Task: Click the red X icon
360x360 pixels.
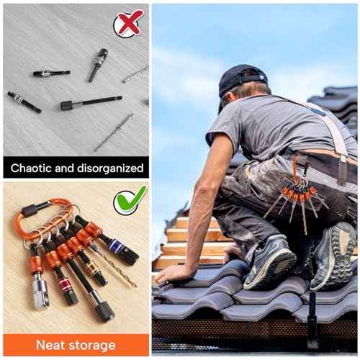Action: tap(129, 23)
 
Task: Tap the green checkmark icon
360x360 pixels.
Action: tap(130, 199)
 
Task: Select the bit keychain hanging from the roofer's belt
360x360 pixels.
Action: tap(295, 196)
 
